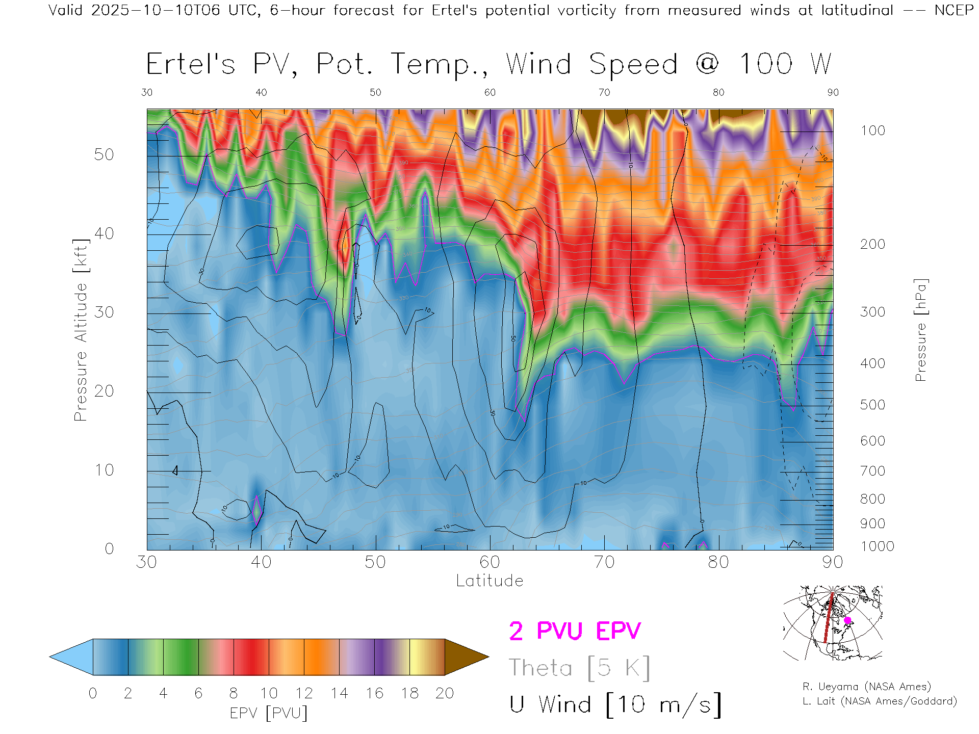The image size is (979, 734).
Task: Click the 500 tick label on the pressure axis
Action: click(x=872, y=405)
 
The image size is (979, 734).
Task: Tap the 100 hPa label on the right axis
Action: click(x=872, y=130)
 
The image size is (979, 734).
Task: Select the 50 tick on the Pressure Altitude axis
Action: click(x=104, y=154)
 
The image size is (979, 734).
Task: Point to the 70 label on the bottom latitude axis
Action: click(x=604, y=562)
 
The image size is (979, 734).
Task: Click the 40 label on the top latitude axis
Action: click(x=261, y=92)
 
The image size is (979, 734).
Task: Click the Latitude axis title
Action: click(x=489, y=581)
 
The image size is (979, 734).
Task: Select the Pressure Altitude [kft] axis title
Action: click(x=81, y=330)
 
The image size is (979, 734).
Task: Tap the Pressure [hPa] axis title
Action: click(x=920, y=330)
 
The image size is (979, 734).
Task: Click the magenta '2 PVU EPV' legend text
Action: click(x=575, y=631)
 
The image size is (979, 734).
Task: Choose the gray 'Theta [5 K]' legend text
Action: click(x=579, y=668)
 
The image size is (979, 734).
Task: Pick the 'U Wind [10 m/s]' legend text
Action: click(x=615, y=705)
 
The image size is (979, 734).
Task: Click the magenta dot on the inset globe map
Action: click(x=847, y=620)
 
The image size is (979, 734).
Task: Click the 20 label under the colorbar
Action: click(x=445, y=693)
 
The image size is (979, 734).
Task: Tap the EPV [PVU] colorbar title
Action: click(x=269, y=713)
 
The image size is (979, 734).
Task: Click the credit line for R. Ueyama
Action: click(x=866, y=687)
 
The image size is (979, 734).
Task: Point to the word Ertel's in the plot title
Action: click(x=191, y=64)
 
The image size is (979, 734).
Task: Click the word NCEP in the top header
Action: click(x=954, y=10)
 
